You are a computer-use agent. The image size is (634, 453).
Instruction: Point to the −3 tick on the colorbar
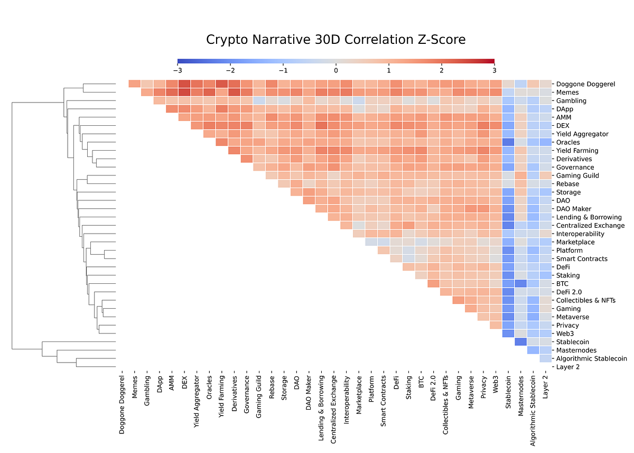click(178, 70)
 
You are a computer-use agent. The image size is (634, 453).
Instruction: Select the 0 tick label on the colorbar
click(336, 70)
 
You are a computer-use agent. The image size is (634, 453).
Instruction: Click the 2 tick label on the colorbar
click(442, 70)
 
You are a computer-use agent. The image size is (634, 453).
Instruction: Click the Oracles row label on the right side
click(568, 142)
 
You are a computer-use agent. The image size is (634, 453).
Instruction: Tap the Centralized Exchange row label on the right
click(590, 226)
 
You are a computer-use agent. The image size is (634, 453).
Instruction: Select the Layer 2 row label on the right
click(568, 367)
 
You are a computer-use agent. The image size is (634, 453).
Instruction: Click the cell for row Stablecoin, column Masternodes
click(520, 342)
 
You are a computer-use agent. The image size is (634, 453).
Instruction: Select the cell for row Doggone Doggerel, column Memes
click(135, 84)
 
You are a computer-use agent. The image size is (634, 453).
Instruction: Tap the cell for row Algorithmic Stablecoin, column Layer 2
click(546, 358)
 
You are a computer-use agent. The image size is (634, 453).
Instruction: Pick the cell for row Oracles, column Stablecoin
click(508, 142)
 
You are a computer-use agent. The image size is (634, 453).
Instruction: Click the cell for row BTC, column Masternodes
click(520, 284)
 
